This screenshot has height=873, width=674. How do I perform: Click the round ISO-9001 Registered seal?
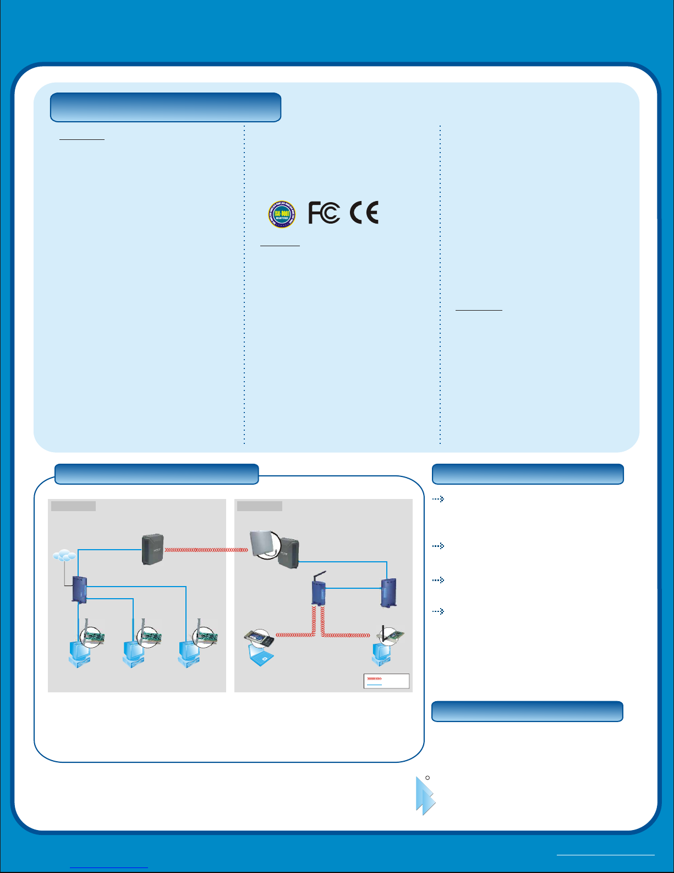pyautogui.click(x=282, y=214)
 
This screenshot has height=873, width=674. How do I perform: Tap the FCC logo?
pyautogui.click(x=324, y=213)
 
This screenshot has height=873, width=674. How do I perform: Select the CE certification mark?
pyautogui.click(x=364, y=213)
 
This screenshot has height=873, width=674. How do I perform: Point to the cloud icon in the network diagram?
pyautogui.click(x=64, y=556)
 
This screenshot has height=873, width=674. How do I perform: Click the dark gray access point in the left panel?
pyautogui.click(x=152, y=549)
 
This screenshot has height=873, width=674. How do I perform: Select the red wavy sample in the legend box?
pyautogui.click(x=374, y=679)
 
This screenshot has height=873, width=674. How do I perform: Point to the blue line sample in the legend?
pyautogui.click(x=374, y=685)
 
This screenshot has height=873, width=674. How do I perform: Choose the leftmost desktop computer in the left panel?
pyautogui.click(x=78, y=655)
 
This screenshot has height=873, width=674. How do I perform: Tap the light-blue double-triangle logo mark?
pyautogui.click(x=425, y=796)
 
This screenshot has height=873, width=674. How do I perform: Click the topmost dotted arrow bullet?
pyautogui.click(x=438, y=500)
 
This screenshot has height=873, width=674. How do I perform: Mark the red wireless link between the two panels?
pyautogui.click(x=206, y=550)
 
